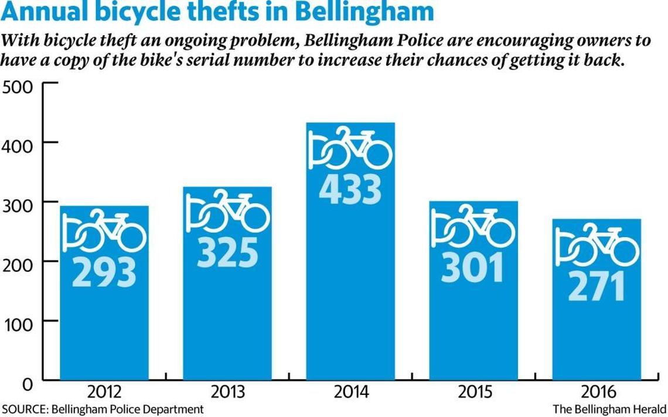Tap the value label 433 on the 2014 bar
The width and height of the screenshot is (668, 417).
tap(350, 189)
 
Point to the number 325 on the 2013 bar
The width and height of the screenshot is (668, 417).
tap(227, 252)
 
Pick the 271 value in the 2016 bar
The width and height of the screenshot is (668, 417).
tap(596, 285)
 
